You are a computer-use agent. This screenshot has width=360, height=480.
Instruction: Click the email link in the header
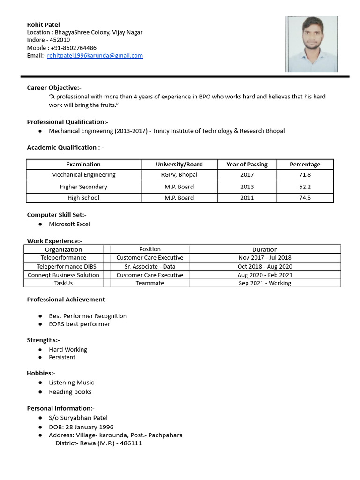(95, 56)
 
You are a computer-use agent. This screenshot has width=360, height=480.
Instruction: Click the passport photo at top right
(312, 44)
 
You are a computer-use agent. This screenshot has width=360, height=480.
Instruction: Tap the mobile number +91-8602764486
(73, 48)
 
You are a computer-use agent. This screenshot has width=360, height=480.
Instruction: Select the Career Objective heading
(54, 88)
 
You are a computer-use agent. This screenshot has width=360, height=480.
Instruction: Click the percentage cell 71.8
(305, 175)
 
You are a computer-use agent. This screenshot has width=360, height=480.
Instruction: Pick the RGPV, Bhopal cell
(179, 175)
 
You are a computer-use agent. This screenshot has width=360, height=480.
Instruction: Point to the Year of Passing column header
(247, 165)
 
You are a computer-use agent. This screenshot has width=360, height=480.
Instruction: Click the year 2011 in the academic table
(247, 198)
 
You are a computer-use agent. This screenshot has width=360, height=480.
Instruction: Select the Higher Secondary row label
(83, 187)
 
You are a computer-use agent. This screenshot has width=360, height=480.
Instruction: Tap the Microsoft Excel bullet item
(69, 224)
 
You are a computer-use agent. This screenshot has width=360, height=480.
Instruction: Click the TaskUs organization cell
(63, 283)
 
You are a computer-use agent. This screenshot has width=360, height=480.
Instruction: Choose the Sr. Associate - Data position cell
(150, 266)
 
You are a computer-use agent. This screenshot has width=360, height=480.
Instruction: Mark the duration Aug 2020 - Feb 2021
(265, 275)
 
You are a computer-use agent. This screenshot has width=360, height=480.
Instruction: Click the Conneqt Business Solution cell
(63, 275)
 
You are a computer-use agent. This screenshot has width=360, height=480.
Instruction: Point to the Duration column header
(265, 249)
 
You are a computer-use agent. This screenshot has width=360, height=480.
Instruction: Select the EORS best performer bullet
(80, 324)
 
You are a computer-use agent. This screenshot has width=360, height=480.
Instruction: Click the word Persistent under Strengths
(62, 357)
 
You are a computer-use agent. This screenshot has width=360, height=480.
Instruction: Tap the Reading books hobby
(70, 392)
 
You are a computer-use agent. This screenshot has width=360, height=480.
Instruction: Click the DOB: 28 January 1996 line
(81, 427)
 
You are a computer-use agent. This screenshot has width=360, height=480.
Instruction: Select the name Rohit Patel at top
(44, 24)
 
